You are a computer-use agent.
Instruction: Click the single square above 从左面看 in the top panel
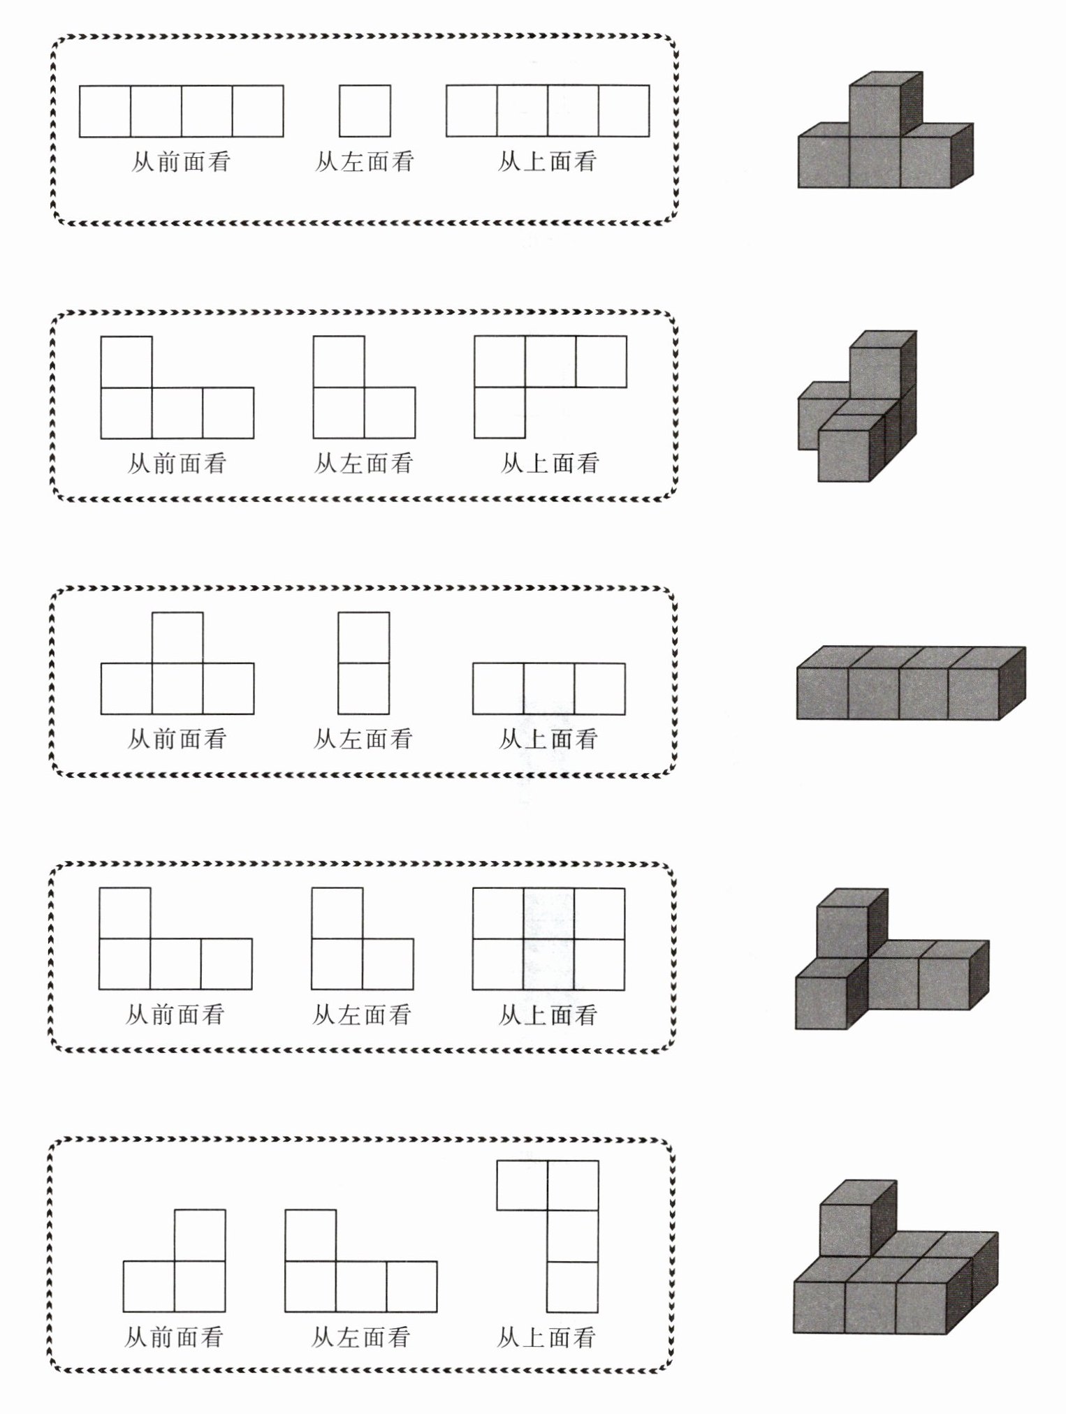[x=365, y=111]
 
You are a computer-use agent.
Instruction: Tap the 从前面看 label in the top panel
[x=181, y=162]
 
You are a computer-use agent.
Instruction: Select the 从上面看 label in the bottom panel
[x=546, y=1337]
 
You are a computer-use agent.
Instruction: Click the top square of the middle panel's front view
[x=177, y=638]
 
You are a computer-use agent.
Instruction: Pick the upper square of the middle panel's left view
[x=364, y=638]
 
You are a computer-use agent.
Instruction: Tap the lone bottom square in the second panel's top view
[x=499, y=413]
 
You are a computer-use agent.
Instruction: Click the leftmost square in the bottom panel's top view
[x=522, y=1185]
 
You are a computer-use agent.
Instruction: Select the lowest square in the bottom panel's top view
[x=573, y=1287]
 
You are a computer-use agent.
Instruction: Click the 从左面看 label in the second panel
[x=364, y=463]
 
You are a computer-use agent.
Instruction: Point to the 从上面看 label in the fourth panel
[x=548, y=1015]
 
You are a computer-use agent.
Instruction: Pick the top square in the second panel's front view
[x=126, y=362]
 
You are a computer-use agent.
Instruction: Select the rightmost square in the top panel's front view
[x=258, y=111]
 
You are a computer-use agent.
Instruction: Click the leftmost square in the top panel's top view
[x=472, y=111]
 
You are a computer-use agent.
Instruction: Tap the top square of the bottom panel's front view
[x=200, y=1235]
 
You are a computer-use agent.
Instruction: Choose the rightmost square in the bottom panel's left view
[x=411, y=1287]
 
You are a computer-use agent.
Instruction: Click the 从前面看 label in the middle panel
[x=177, y=739]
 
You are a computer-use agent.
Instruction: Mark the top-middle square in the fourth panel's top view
[x=549, y=913]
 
